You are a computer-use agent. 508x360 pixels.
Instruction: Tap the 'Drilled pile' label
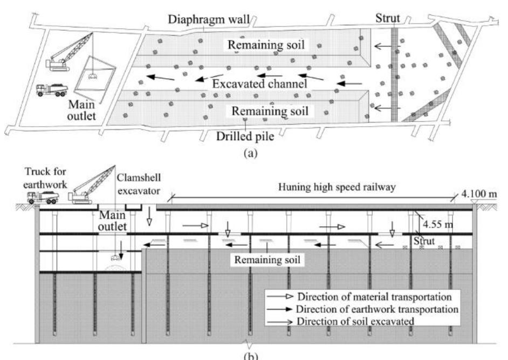(243, 136)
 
